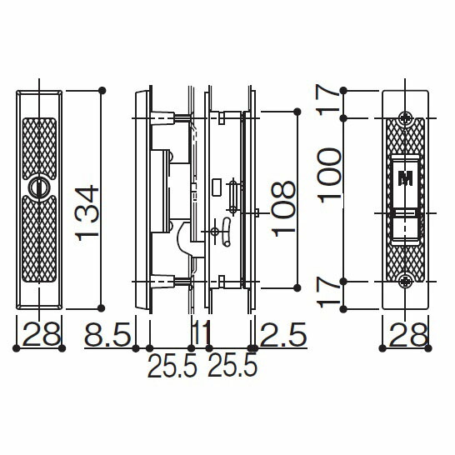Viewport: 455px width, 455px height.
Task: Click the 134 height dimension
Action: [x=87, y=212]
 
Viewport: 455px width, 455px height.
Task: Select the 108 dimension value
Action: [x=283, y=209]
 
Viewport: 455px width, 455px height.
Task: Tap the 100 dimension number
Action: [x=329, y=175]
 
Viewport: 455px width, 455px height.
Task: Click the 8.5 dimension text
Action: [x=107, y=334]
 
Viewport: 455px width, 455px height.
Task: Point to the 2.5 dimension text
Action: [x=283, y=334]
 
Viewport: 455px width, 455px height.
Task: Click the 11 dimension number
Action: [x=202, y=334]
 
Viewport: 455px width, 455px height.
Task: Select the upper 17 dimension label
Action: [x=327, y=99]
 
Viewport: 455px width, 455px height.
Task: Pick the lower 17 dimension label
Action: [x=327, y=292]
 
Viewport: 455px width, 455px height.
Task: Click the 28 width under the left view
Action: [x=41, y=334]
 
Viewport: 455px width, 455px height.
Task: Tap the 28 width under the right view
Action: [x=408, y=334]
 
